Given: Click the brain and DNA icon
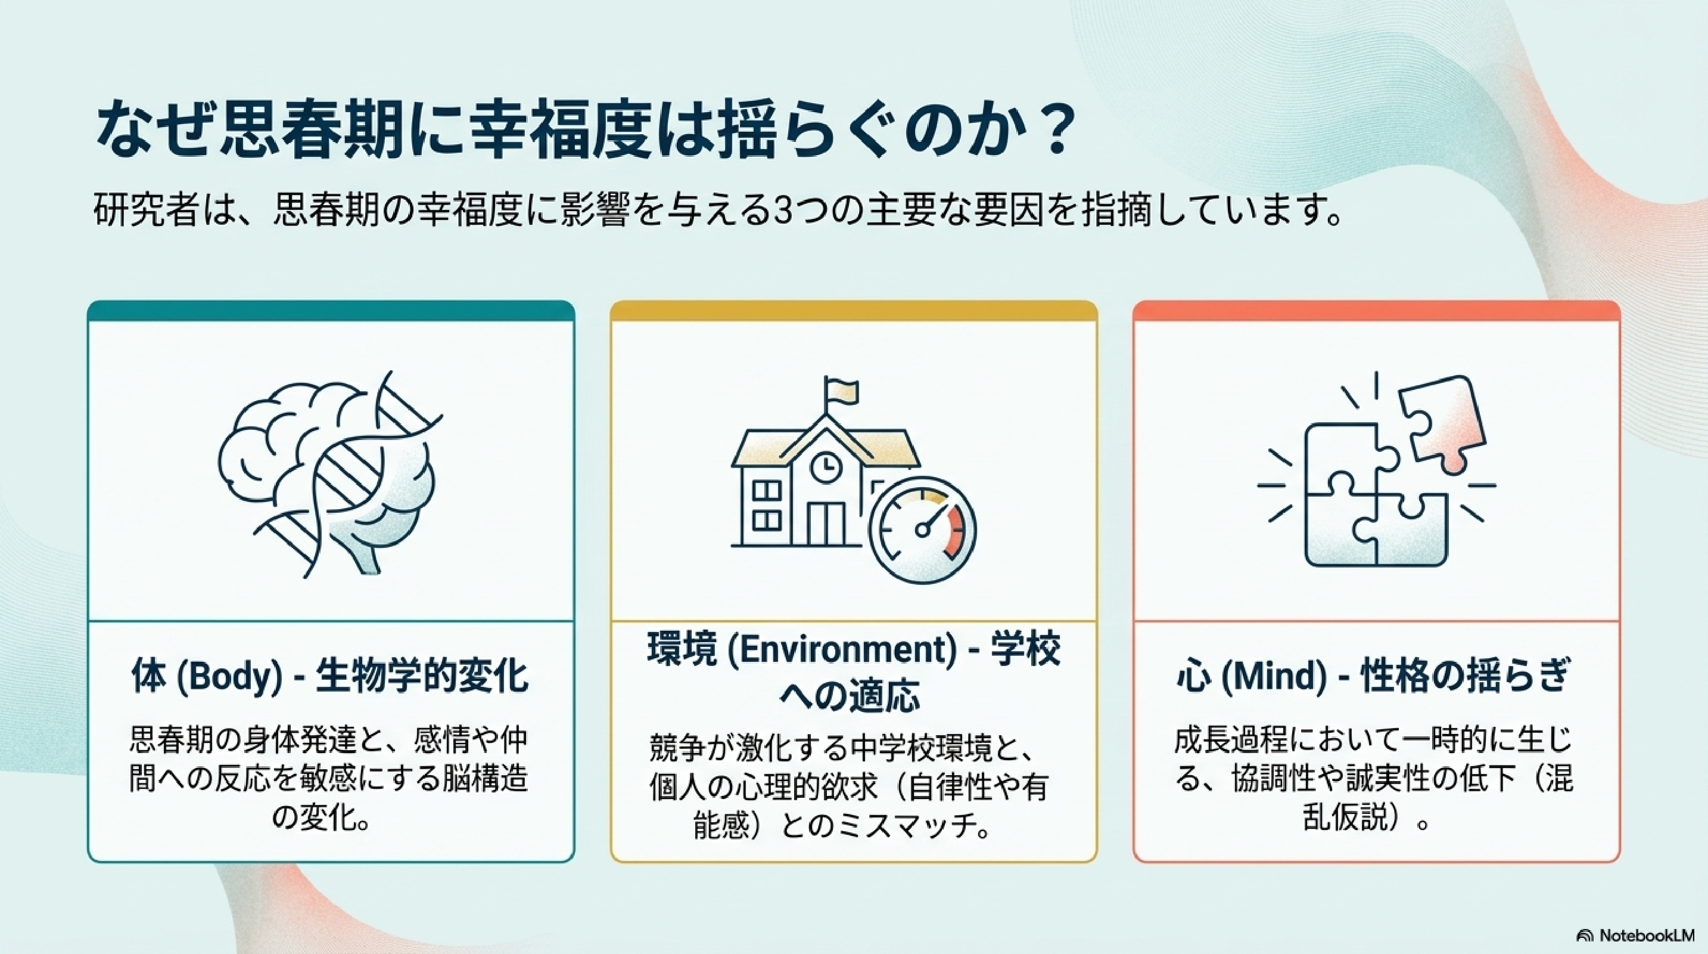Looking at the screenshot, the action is pyautogui.click(x=330, y=473).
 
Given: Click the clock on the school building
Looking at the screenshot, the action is pyautogui.click(x=826, y=466).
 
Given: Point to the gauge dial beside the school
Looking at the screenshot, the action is pyautogui.click(x=922, y=531).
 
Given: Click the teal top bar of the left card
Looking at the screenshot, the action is pyautogui.click(x=331, y=311).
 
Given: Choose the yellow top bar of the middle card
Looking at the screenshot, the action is pyautogui.click(x=854, y=311).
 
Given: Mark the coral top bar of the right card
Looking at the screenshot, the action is pyautogui.click(x=1377, y=311).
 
